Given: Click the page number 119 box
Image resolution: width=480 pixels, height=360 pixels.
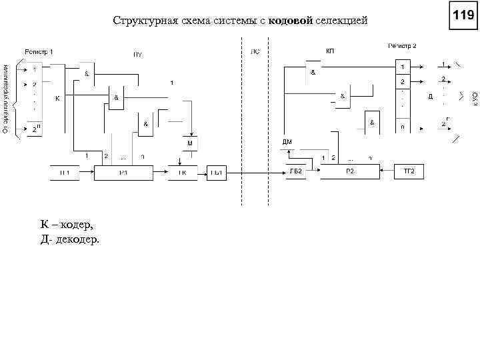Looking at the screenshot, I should [x=463, y=15].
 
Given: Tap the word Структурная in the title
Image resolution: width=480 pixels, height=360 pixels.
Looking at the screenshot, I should [x=141, y=21].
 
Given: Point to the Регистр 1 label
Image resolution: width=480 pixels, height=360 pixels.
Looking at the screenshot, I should [x=39, y=51].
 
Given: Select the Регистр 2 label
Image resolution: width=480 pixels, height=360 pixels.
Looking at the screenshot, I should [x=402, y=46].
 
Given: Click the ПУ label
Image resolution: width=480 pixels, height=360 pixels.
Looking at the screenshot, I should [x=137, y=55].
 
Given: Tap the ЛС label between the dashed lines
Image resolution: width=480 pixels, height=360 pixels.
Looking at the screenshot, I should [x=255, y=51].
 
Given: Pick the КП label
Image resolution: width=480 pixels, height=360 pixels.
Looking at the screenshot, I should [x=330, y=51].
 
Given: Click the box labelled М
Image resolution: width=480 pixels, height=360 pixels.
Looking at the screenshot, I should [x=189, y=143].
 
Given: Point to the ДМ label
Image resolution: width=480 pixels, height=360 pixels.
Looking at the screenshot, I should [x=287, y=142].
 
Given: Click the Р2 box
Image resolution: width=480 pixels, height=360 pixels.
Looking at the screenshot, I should [x=349, y=172].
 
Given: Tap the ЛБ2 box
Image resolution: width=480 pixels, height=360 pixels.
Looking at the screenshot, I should [x=296, y=172].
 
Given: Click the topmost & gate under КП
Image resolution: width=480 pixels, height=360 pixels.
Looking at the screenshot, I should [x=312, y=73].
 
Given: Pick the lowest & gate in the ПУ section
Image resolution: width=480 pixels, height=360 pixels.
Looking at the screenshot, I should [x=146, y=124].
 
